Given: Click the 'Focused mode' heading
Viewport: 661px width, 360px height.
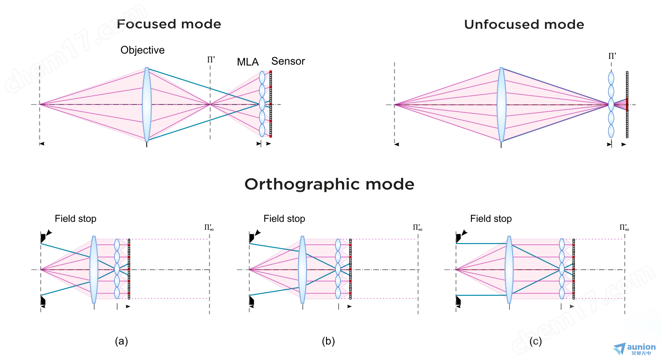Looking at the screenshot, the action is point(169,24).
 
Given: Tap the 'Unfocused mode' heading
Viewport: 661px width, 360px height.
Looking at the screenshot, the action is point(524,24).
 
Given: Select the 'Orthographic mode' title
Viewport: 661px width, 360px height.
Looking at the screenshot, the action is point(329,184).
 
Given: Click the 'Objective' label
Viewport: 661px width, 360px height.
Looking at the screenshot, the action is point(142,50).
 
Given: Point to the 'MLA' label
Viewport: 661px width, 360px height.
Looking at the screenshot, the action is point(248,62).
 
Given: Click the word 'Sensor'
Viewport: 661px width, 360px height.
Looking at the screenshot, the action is point(288,61).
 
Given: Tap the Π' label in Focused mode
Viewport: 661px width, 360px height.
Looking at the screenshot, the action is point(211,60).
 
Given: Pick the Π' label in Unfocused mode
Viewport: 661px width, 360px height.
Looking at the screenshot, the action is point(612,56).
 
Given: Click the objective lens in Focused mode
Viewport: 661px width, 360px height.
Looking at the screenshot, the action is point(147,105).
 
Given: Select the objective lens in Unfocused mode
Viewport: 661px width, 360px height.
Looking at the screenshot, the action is point(502,105).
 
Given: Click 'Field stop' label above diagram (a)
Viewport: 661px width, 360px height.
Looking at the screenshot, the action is point(76,219).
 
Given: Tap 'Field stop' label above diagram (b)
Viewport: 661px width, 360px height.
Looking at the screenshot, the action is point(284,219).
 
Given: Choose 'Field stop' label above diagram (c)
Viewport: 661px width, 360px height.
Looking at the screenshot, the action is point(491,219).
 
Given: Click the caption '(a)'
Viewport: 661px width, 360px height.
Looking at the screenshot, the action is point(121,341).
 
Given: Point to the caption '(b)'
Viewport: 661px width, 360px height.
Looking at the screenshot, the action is point(328,341).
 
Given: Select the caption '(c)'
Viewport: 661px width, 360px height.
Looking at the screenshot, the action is point(535,341).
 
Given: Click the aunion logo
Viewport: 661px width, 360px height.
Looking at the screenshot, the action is point(634,349).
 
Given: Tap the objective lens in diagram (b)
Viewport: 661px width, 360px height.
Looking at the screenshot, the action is point(302,270).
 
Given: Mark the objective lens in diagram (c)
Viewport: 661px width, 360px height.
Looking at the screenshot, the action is point(509,270).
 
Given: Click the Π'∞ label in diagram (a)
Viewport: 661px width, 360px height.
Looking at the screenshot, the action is point(209,228).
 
